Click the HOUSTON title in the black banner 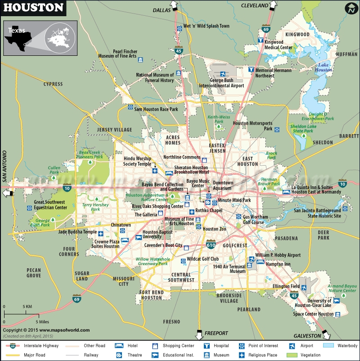click(34, 8)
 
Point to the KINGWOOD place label click(297, 34)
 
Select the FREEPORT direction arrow click(198, 335)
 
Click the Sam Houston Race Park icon click(130, 108)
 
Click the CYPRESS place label click(53, 84)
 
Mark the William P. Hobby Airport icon click(252, 259)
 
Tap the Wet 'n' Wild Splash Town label click(206, 26)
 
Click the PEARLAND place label click(249, 310)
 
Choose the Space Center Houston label click(313, 314)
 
